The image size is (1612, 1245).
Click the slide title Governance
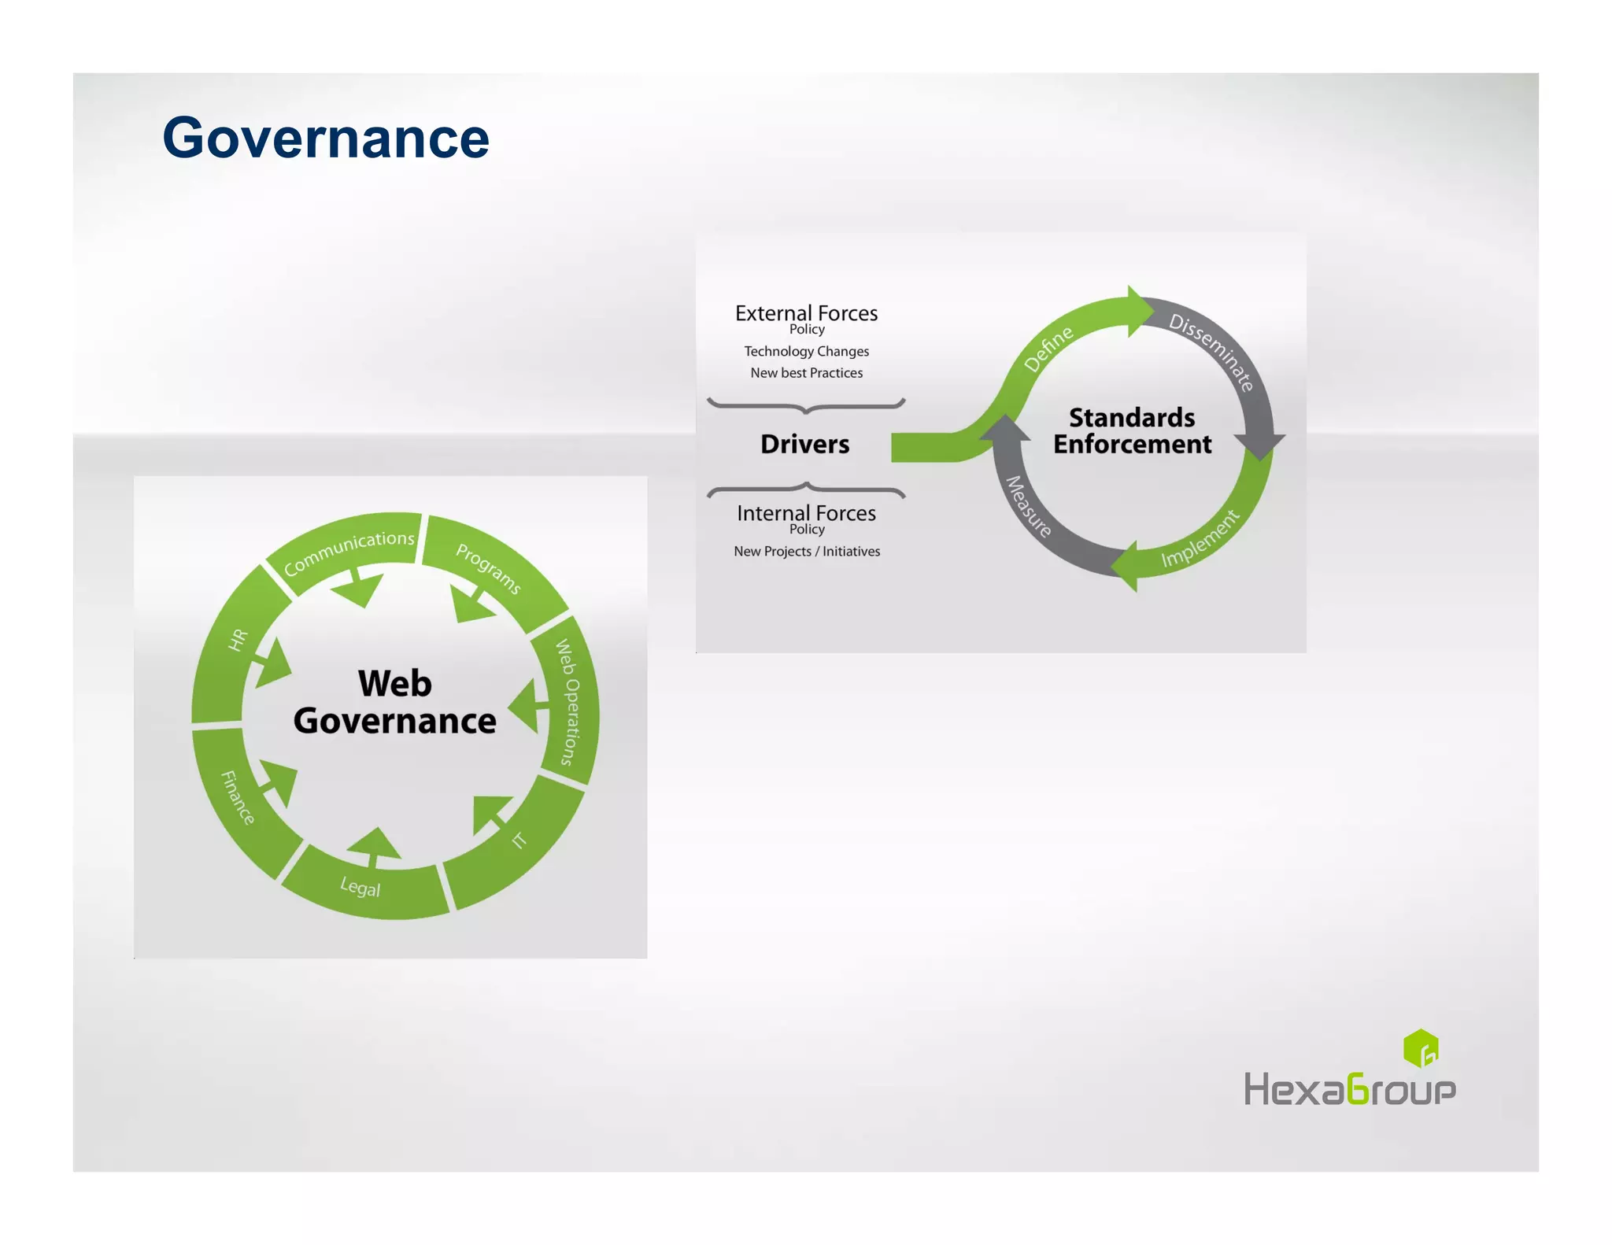click(326, 139)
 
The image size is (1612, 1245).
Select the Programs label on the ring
click(488, 568)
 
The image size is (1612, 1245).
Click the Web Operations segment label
click(568, 702)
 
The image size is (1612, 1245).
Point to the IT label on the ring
click(519, 840)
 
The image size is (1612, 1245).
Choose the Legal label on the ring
click(360, 888)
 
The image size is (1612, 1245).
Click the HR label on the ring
click(238, 640)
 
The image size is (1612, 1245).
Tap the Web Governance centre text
click(394, 702)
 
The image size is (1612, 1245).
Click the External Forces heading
click(806, 313)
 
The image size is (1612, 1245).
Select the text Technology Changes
click(806, 351)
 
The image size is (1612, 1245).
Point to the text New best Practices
click(806, 373)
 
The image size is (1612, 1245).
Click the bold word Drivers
click(804, 444)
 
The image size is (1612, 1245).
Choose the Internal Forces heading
click(806, 513)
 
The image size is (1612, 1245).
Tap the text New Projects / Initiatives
click(807, 552)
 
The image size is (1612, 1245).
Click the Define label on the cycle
click(1048, 349)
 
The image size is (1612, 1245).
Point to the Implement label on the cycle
click(1200, 539)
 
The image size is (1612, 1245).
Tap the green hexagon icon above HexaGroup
click(1420, 1048)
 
